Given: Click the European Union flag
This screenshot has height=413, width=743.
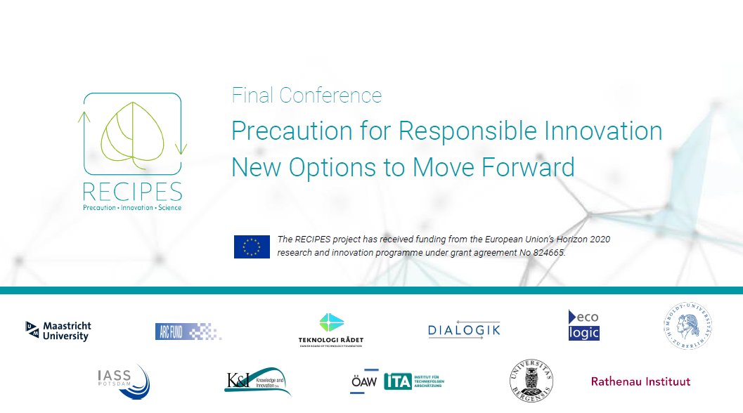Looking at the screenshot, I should click(252, 247).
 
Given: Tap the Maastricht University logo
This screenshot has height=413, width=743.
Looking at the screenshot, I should click(58, 331).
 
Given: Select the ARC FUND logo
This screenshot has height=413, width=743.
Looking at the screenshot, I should click(188, 331).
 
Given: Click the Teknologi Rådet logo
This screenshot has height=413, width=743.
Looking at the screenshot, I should click(331, 329).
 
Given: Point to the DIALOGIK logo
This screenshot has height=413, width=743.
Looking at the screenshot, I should click(464, 330).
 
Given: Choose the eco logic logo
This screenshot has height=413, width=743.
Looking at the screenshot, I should click(583, 325).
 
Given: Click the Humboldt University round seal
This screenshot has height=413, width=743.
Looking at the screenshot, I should click(688, 327).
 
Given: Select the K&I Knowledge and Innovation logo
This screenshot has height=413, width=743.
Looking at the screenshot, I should click(257, 381).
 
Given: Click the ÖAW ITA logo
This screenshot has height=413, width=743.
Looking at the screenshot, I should click(397, 381).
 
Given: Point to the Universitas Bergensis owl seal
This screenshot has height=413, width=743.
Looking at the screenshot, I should click(531, 381).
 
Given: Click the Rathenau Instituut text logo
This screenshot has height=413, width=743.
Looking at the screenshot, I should click(640, 382).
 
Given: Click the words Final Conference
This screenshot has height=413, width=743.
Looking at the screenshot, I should click(306, 96).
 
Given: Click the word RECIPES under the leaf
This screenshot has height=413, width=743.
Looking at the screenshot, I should click(132, 191).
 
